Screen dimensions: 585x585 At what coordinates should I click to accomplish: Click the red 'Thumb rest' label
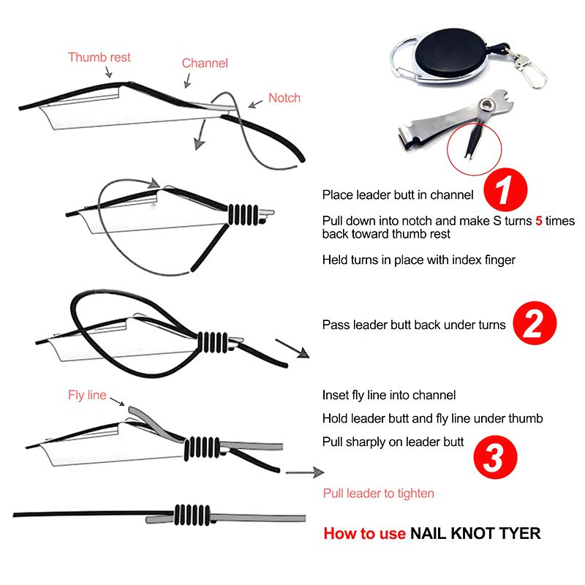click(99, 57)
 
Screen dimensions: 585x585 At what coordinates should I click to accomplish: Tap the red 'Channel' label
click(205, 63)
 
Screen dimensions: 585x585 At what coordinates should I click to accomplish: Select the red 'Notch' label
click(284, 97)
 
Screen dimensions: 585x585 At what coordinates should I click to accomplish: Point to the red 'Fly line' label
click(87, 396)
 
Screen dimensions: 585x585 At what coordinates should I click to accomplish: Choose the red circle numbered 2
click(535, 324)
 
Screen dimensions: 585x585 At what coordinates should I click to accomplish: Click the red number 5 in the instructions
click(539, 221)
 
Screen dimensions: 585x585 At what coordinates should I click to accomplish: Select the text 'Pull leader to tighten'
click(379, 494)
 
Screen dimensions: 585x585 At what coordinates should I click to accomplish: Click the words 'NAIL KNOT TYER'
click(475, 533)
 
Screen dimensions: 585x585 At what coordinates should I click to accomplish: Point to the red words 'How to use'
click(364, 533)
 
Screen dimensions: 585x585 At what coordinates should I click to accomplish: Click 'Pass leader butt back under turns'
click(414, 325)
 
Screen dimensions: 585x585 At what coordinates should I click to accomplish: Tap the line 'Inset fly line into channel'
click(389, 396)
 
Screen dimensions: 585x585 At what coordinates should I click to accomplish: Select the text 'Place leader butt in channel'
click(397, 195)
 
